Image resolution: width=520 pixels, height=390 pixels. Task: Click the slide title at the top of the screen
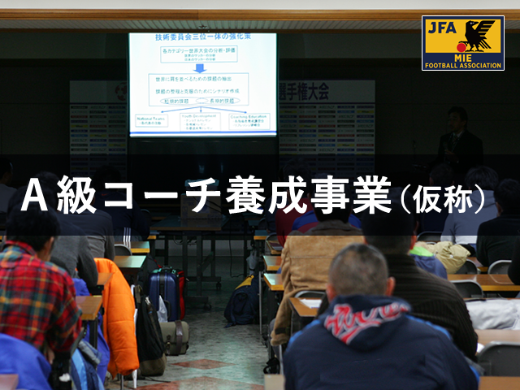[202, 38]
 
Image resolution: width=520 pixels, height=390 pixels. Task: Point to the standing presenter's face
[458, 119]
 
